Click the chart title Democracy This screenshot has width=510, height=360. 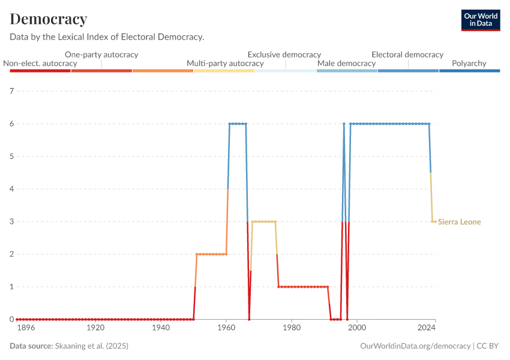click(x=49, y=19)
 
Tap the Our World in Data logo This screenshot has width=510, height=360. click(x=480, y=20)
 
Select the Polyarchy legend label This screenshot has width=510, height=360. click(x=469, y=63)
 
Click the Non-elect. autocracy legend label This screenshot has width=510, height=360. click(x=40, y=63)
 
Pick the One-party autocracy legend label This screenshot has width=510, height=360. click(x=101, y=54)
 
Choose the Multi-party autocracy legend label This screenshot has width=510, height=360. click(x=225, y=63)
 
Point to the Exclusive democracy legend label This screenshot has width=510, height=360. click(x=284, y=54)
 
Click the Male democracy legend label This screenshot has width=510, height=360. click(x=346, y=63)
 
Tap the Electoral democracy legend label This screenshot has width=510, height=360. click(x=407, y=54)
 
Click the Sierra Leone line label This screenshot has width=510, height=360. click(x=460, y=222)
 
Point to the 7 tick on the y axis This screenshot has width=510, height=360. click(x=11, y=91)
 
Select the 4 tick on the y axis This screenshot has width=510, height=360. click(x=11, y=189)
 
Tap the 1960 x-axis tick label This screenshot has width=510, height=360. click(x=226, y=328)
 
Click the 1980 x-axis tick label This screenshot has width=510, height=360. click(x=292, y=328)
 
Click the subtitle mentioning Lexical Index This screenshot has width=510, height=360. click(x=107, y=37)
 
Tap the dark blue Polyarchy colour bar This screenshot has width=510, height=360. click(x=469, y=71)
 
